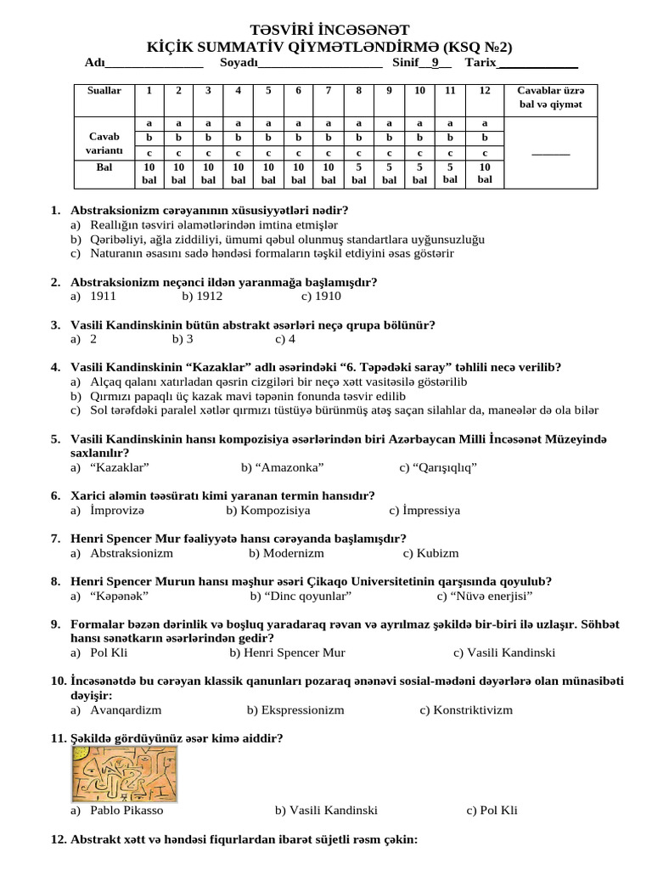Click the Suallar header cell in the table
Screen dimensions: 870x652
pyautogui.click(x=104, y=91)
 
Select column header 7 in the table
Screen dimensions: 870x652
pyautogui.click(x=328, y=91)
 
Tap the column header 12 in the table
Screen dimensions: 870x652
pyautogui.click(x=484, y=91)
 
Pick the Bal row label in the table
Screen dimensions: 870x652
pyautogui.click(x=104, y=168)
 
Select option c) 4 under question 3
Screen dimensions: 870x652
pyautogui.click(x=285, y=339)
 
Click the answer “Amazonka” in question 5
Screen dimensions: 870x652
pyautogui.click(x=282, y=467)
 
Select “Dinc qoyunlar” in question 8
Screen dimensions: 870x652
pyautogui.click(x=289, y=596)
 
